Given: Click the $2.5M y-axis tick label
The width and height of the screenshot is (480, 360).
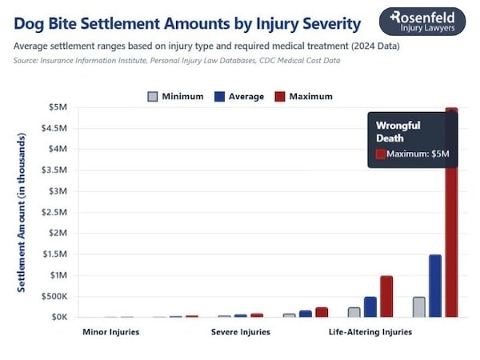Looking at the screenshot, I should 56,212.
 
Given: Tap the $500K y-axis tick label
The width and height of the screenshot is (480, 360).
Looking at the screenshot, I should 54,296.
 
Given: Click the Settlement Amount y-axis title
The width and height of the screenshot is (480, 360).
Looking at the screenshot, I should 22,212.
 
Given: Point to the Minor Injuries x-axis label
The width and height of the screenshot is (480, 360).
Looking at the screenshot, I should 110,331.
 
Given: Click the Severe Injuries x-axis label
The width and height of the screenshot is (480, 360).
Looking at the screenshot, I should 240,331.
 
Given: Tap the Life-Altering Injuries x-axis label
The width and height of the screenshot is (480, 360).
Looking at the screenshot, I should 370,331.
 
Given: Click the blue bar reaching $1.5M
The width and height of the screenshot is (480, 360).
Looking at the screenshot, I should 435,286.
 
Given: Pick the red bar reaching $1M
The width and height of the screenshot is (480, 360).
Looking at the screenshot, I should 386,296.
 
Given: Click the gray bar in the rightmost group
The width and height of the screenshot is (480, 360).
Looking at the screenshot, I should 418,306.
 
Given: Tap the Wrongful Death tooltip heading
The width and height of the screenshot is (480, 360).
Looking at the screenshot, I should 398,131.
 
